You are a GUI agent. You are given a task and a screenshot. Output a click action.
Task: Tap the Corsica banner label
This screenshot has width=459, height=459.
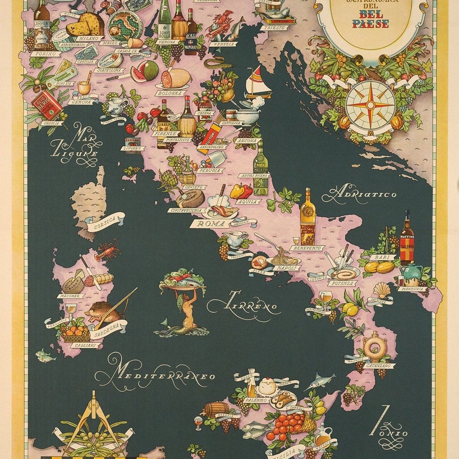tap(106, 220)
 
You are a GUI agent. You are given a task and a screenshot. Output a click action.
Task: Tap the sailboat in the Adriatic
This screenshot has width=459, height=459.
tap(258, 83)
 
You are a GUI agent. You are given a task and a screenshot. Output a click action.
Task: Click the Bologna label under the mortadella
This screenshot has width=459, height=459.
tap(170, 92)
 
